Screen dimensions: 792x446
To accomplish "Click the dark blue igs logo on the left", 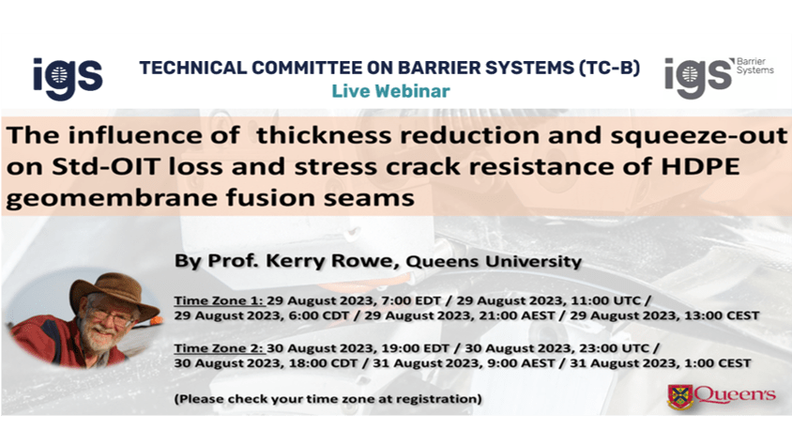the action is pyautogui.click(x=68, y=78).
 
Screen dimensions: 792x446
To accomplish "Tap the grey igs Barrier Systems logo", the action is pyautogui.click(x=719, y=77).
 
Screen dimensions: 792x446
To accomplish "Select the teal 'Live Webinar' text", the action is pyautogui.click(x=390, y=91).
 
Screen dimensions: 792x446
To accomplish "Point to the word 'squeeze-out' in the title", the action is pyautogui.click(x=698, y=135).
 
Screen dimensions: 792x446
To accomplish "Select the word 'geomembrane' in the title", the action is pyautogui.click(x=112, y=198).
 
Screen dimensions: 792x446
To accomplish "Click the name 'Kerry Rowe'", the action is pyautogui.click(x=328, y=261).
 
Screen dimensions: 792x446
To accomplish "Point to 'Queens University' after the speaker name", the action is pyautogui.click(x=494, y=262).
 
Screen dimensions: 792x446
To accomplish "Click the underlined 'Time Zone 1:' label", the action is pyautogui.click(x=220, y=300).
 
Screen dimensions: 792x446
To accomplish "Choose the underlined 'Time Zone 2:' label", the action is pyautogui.click(x=220, y=348).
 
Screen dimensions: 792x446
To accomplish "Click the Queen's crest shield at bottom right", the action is pyautogui.click(x=680, y=397).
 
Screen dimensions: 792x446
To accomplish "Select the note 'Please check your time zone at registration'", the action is pyautogui.click(x=327, y=399).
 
